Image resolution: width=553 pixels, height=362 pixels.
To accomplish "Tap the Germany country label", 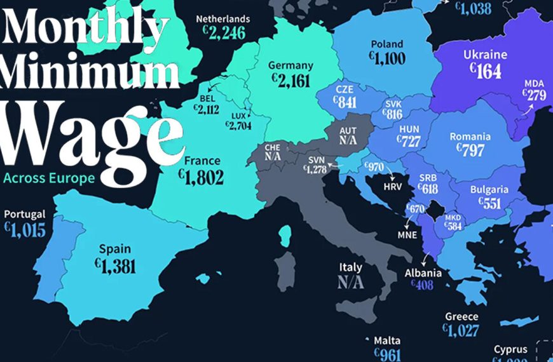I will pos(291,65).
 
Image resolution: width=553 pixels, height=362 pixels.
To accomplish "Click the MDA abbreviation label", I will pos(533,83).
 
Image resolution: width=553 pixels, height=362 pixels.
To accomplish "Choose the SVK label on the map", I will pos(393,104).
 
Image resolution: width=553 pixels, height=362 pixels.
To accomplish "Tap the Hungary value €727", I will pos(409,141).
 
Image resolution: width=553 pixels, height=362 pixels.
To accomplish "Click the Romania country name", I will pos(470,137).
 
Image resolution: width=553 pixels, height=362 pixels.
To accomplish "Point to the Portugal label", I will pos(25,215).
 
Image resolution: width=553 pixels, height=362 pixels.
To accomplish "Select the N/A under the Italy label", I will pos(350,283).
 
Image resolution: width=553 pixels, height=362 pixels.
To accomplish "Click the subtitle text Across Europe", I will pos(49,178).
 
